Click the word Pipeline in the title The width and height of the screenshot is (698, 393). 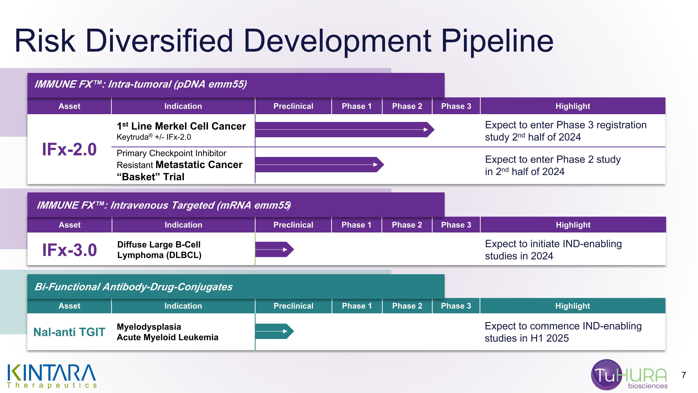[x=497, y=41]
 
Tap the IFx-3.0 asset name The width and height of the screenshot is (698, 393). [x=69, y=250]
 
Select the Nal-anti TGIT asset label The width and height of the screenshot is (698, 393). [x=69, y=332]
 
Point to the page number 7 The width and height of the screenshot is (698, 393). [x=684, y=375]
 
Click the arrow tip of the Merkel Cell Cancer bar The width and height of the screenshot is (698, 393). [x=431, y=130]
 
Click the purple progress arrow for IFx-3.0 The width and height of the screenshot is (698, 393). [x=274, y=249]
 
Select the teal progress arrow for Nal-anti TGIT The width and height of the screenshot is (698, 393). [x=274, y=331]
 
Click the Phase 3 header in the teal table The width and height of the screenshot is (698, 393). [x=456, y=306]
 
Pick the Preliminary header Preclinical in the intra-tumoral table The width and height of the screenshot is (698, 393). [x=293, y=106]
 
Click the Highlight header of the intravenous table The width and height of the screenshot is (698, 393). [x=573, y=225]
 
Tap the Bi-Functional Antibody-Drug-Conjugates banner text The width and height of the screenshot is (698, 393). [x=133, y=287]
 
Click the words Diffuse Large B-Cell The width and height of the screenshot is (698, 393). [x=159, y=244]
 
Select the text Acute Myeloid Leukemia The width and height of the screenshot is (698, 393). [x=168, y=337]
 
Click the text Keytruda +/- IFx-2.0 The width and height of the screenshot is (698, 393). [x=154, y=137]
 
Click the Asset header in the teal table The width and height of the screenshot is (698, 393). [x=69, y=306]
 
